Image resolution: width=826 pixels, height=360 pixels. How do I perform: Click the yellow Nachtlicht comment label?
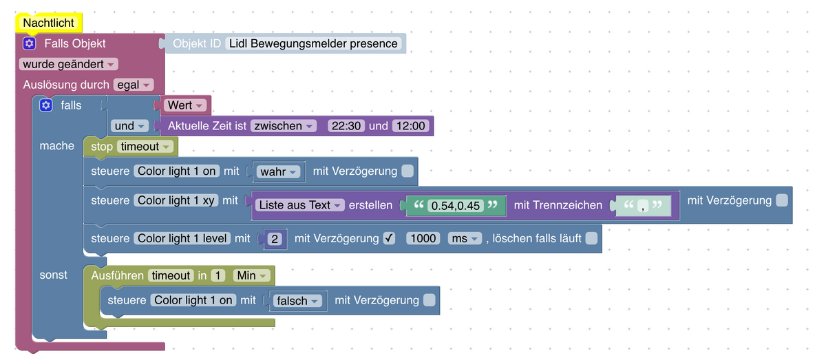click(48, 23)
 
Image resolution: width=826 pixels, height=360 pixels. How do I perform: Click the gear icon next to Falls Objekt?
click(29, 43)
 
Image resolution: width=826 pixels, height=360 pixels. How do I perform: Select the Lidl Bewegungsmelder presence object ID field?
click(313, 43)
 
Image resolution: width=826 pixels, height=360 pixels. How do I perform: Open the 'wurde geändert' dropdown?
click(69, 64)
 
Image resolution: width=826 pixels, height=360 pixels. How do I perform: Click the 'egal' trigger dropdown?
click(133, 85)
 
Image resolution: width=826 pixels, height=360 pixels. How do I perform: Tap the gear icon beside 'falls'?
click(46, 105)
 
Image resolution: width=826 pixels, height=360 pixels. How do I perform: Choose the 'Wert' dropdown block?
click(184, 105)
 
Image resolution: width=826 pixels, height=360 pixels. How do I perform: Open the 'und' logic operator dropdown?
click(130, 126)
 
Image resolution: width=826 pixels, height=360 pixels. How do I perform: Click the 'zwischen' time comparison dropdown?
click(283, 126)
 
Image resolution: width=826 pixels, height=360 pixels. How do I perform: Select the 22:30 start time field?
click(346, 126)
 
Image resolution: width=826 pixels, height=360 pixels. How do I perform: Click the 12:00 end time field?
click(410, 126)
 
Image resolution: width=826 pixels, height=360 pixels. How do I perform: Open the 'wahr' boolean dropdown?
click(278, 171)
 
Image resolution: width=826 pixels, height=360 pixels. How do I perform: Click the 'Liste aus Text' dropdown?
click(300, 205)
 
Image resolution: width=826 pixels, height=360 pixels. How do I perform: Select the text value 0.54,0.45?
click(454, 205)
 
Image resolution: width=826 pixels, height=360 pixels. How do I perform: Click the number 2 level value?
click(275, 239)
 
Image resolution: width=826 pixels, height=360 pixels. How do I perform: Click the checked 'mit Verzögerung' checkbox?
click(389, 239)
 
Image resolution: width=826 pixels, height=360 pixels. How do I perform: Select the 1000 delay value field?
click(423, 239)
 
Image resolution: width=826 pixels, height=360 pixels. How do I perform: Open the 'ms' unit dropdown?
click(464, 239)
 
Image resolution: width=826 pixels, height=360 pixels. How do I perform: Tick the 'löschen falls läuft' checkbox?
click(591, 239)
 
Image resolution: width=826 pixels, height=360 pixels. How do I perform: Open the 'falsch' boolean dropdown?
click(297, 301)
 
